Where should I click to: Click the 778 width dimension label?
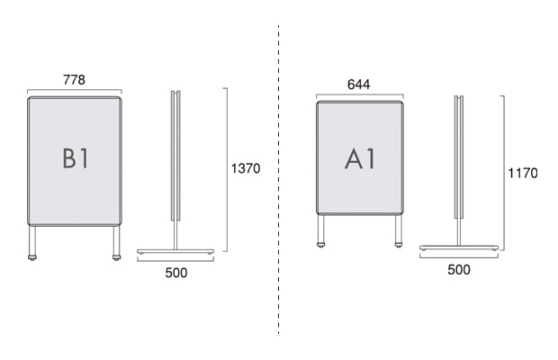75,80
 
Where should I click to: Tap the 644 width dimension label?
359,85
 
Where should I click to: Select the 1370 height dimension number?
246,168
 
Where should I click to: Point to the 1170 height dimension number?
522,173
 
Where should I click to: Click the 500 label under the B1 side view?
176,273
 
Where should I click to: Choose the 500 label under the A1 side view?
459,270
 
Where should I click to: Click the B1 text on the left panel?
75,158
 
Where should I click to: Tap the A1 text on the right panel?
360,158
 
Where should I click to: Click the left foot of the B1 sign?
32,257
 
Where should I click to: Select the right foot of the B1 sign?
116,257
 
